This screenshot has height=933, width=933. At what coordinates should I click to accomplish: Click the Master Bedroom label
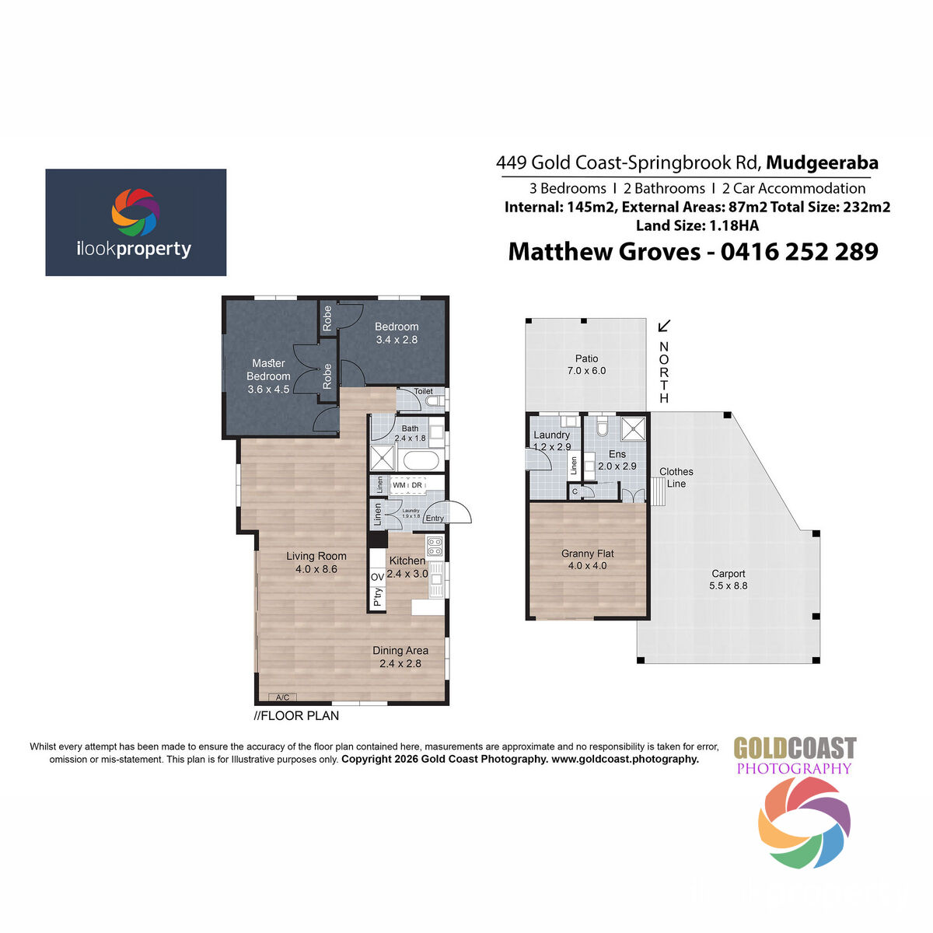click(x=268, y=376)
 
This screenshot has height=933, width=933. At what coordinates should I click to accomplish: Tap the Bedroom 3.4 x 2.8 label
click(x=397, y=333)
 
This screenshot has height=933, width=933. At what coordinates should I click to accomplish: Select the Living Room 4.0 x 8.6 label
click(x=316, y=562)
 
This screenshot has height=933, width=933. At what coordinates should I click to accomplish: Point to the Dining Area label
click(x=400, y=657)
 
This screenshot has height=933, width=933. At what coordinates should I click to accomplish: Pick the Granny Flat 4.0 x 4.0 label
click(x=588, y=560)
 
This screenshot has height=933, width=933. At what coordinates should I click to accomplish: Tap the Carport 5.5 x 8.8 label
click(x=729, y=579)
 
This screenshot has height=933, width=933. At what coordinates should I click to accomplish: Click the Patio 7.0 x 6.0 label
click(x=586, y=365)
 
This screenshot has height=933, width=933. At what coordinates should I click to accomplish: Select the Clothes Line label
click(x=676, y=477)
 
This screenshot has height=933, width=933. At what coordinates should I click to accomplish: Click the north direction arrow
click(x=665, y=326)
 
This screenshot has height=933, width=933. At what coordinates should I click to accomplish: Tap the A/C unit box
click(x=282, y=697)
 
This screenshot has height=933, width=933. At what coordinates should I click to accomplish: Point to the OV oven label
click(x=377, y=577)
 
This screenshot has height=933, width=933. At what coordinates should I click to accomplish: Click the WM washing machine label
click(x=400, y=485)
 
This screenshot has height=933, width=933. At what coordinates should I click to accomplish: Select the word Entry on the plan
click(x=435, y=519)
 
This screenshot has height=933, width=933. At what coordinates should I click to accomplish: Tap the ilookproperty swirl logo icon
click(x=135, y=212)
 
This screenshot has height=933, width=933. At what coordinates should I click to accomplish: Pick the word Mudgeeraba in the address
click(x=823, y=162)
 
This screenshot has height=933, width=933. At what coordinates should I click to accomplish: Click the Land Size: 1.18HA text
click(x=697, y=225)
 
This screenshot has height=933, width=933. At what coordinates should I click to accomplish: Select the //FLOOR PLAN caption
click(x=296, y=716)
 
